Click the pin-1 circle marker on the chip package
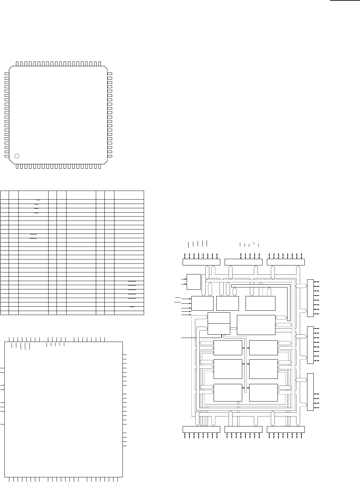click(17, 156)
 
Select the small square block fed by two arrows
click(194, 282)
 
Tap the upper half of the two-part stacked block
click(219, 318)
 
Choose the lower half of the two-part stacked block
click(219, 329)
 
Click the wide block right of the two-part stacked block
click(256, 325)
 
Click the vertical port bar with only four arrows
click(310, 392)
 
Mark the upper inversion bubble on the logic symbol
click(3, 385)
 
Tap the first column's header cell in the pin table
click(4, 195)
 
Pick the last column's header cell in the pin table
click(129, 195)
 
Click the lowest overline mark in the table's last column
click(132, 307)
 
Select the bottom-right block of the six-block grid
click(263, 393)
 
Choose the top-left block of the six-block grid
click(228, 348)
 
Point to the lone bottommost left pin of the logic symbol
click(2, 424)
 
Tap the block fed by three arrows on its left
click(202, 303)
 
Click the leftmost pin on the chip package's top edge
click(17, 63)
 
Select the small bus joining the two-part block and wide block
click(233, 329)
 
